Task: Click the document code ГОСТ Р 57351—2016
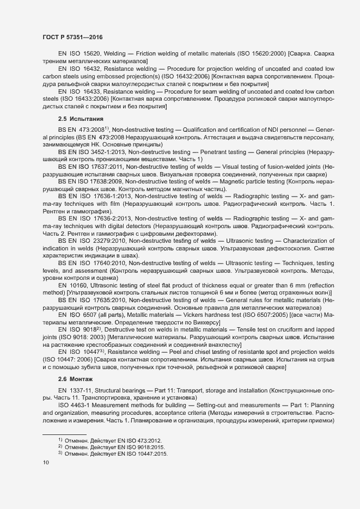[72, 36]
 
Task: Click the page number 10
[46, 463]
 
